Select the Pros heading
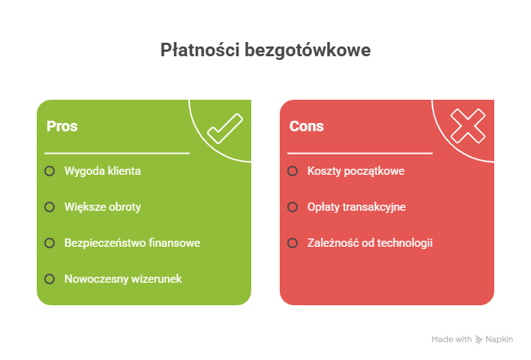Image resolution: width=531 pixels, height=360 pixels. [x=62, y=126]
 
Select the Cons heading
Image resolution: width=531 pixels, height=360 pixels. [x=307, y=126]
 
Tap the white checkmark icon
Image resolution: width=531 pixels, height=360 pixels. [x=225, y=127]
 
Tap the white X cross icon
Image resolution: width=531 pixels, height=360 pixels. [x=468, y=126]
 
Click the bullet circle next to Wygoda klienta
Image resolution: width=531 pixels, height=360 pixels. [x=49, y=171]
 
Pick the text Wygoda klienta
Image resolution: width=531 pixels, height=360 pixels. [x=102, y=171]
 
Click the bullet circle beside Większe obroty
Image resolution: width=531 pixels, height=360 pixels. [x=49, y=207]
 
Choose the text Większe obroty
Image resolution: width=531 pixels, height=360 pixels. [x=102, y=207]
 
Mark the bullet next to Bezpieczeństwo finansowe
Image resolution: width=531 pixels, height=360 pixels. [x=49, y=243]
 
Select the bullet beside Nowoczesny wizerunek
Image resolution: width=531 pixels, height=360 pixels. [x=49, y=279]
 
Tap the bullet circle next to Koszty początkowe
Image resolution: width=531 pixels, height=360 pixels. [x=292, y=171]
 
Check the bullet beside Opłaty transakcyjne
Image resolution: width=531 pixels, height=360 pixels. [x=292, y=207]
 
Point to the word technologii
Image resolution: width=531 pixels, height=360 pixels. [x=406, y=243]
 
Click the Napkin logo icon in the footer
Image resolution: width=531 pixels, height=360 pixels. [x=479, y=340]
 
